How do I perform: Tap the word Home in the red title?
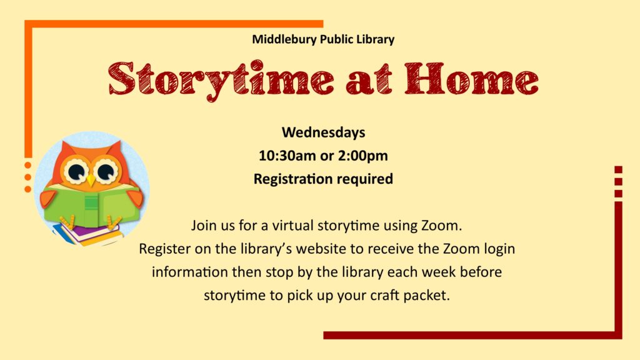[471, 79]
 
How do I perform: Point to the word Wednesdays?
[323, 132]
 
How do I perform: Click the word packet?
[426, 295]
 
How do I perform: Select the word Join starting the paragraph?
[204, 225]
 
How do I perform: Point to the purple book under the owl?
[87, 233]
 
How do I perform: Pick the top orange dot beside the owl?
[27, 165]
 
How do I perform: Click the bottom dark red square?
[618, 194]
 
